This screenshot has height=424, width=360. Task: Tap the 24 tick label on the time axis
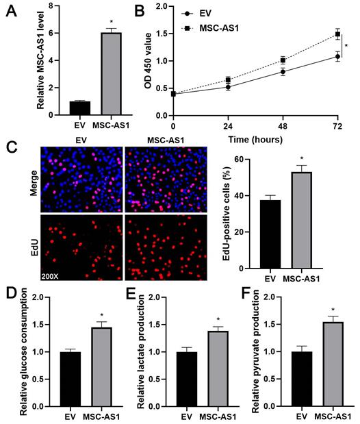[x=228, y=127]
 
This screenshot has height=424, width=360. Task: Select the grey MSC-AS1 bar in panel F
[x=333, y=364]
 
